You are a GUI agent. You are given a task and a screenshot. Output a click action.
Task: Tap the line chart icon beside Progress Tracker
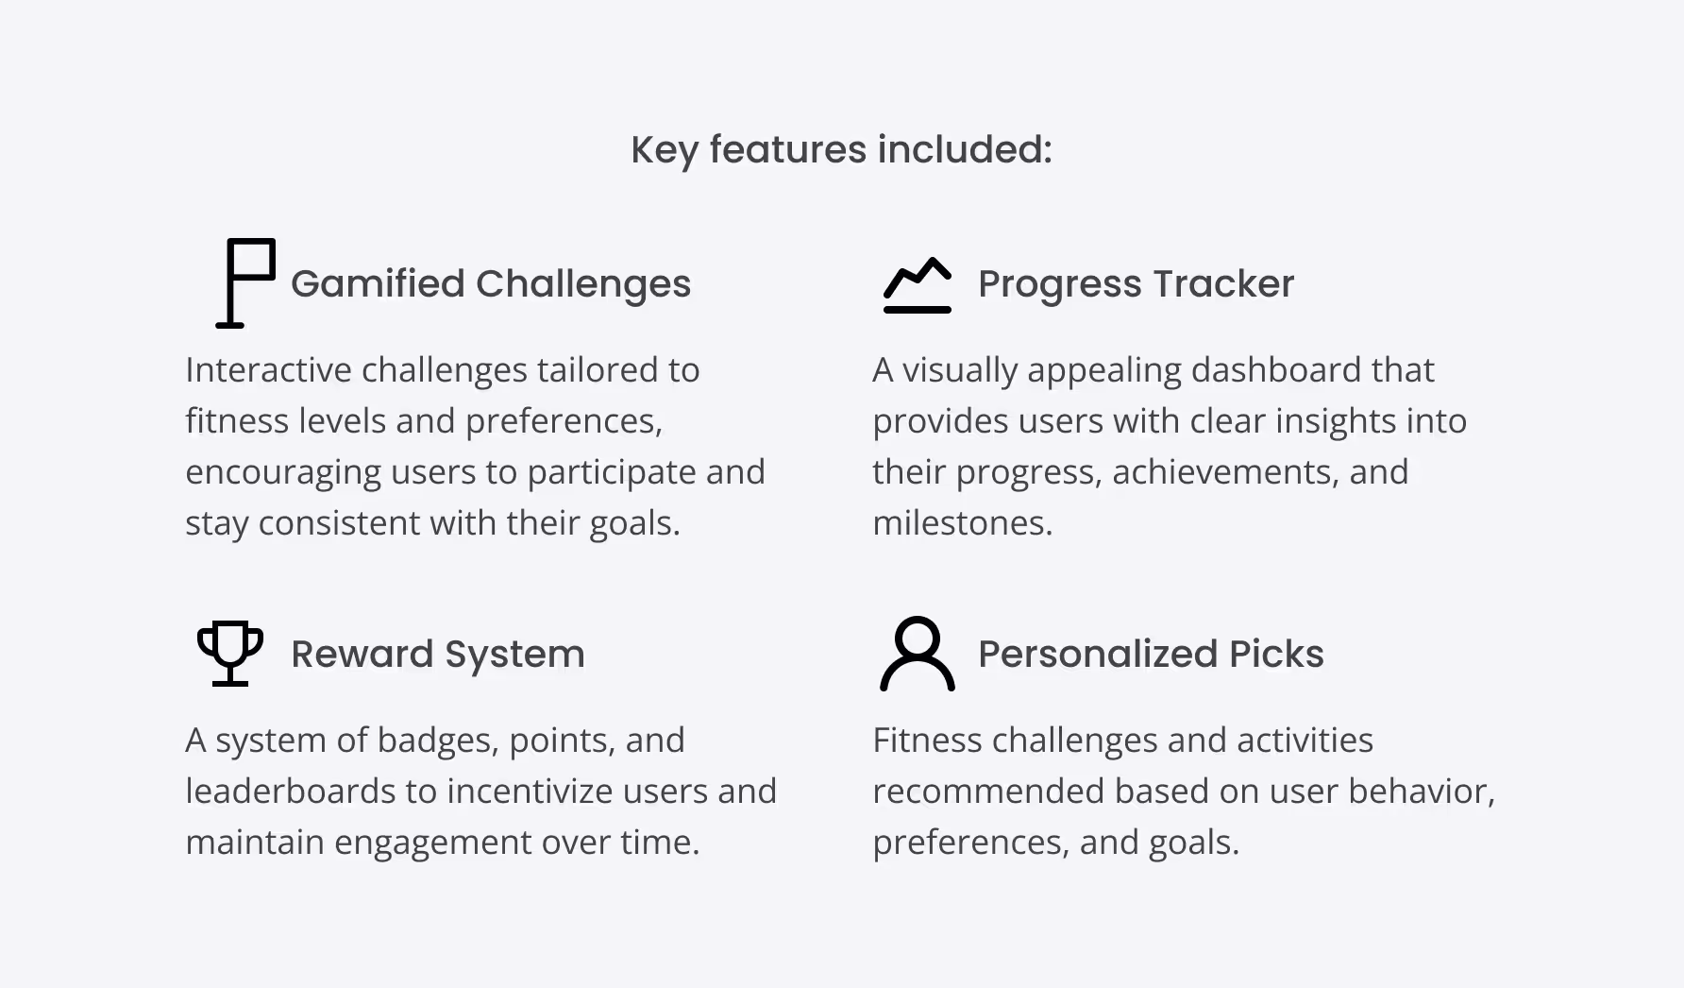(918, 284)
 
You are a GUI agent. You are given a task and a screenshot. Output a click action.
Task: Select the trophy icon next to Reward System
(230, 653)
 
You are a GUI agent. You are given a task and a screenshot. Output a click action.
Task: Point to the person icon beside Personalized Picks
(918, 654)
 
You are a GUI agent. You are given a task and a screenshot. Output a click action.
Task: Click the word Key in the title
(664, 149)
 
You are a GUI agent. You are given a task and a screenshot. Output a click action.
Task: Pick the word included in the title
(965, 149)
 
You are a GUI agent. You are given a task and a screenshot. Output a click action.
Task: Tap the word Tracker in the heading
(1223, 283)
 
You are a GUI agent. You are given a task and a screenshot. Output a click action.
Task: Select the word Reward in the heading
(362, 654)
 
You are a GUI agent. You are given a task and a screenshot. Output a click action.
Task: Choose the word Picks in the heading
(1276, 654)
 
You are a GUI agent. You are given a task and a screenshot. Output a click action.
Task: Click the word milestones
(962, 522)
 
